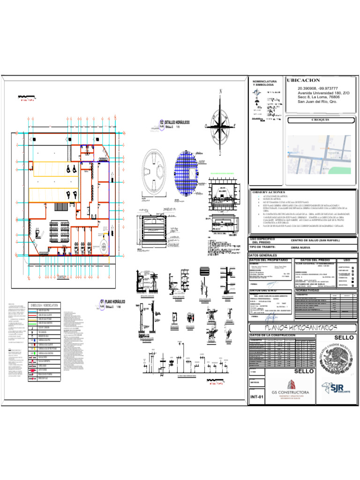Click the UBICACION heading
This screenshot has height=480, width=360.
303,81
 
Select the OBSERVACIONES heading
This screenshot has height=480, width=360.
269,192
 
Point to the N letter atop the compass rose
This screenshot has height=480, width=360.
221,92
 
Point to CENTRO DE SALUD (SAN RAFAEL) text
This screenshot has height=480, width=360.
315,240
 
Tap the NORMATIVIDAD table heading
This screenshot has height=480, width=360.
309,291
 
